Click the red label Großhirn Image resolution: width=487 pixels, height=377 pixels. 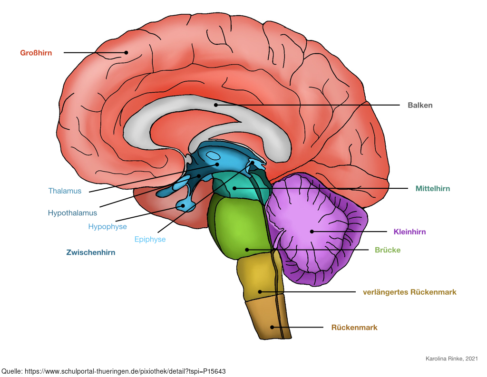[36, 53]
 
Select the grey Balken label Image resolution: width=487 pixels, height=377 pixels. [420, 105]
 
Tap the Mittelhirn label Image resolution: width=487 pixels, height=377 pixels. [433, 188]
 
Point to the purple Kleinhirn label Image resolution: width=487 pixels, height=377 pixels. [409, 232]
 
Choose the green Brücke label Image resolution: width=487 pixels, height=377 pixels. [388, 250]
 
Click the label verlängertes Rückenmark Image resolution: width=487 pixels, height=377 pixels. [409, 292]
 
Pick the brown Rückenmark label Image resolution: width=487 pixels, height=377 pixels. [354, 327]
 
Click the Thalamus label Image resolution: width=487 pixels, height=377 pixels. [65, 191]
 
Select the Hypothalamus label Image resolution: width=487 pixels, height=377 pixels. [72, 213]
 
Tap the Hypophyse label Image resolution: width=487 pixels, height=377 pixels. [107, 227]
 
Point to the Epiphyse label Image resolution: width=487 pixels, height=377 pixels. [150, 240]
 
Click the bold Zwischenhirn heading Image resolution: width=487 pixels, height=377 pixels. [91, 252]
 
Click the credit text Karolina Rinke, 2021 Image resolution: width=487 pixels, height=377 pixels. [452, 358]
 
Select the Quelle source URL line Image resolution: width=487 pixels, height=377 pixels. [114, 371]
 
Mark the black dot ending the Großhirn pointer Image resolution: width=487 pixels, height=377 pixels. [126, 52]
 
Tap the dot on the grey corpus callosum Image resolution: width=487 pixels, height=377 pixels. [216, 105]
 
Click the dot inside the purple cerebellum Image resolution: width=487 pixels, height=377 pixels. [312, 232]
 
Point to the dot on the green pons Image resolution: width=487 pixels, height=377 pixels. [247, 250]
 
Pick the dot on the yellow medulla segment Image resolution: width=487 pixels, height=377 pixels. [260, 292]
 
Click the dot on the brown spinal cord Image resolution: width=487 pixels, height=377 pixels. [272, 327]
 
